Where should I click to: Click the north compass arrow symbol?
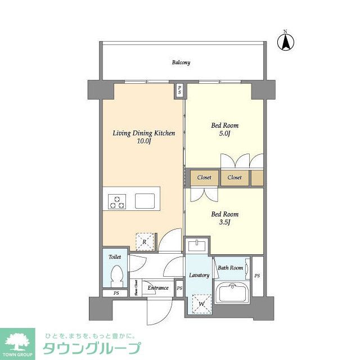click(285, 41)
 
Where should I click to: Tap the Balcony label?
click(181, 62)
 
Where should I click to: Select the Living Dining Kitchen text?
click(144, 133)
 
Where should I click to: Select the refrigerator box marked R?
click(145, 241)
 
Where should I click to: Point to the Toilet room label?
click(115, 257)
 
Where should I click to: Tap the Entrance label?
click(158, 288)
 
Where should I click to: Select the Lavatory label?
click(199, 275)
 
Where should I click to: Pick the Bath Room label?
click(230, 268)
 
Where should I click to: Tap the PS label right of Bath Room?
click(257, 276)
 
